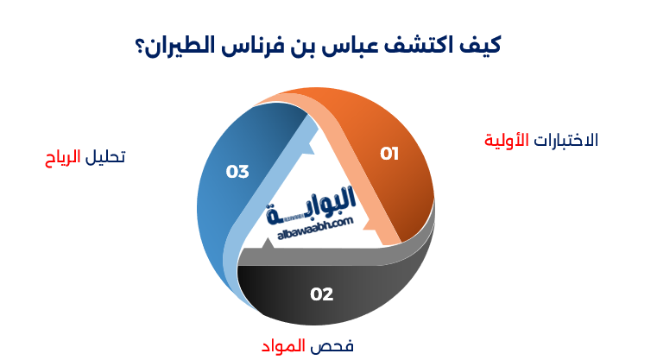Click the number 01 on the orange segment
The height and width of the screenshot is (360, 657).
pos(390,154)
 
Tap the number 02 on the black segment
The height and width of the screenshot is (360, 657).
pos(321,294)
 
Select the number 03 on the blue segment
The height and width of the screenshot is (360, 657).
pos(237,171)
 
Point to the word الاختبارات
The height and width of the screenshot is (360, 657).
pos(566,140)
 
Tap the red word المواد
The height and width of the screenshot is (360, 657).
pos(284,346)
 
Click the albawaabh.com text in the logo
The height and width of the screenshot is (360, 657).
pos(317,224)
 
